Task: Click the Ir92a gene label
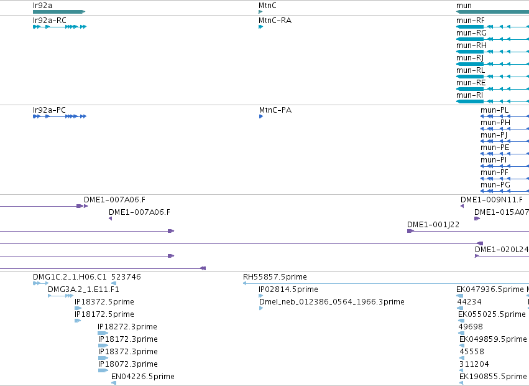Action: [42, 6]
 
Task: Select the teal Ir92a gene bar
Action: [59, 12]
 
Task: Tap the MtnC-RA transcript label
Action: [275, 21]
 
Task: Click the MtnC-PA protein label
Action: [275, 110]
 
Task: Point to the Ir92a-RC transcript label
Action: [50, 21]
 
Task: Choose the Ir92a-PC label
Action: [49, 110]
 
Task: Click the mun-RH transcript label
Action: [471, 45]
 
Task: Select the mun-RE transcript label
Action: [471, 83]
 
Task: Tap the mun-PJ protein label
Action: [494, 135]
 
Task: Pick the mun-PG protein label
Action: [495, 184]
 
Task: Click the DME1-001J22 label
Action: [433, 224]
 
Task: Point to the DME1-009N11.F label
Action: [492, 199]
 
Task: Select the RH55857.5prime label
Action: [275, 277]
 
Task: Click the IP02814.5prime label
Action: [288, 289]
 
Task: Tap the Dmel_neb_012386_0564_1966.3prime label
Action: [332, 301]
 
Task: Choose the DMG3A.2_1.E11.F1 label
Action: [83, 289]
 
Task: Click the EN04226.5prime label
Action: [143, 376]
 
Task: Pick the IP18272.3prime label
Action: [127, 326]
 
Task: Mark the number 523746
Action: [126, 277]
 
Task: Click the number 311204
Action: [474, 364]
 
